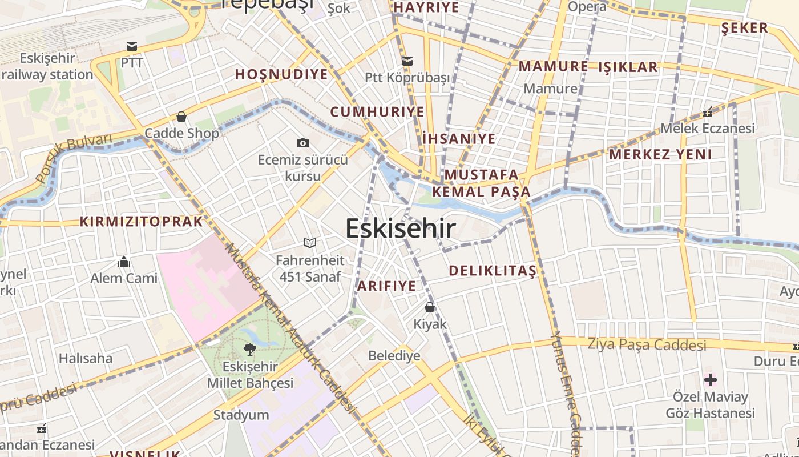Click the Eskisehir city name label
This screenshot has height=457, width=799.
tap(401, 228)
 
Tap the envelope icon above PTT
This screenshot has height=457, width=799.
tap(132, 46)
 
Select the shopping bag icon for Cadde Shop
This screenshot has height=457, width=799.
tap(181, 117)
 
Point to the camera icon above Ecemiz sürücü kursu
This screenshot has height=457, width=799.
tap(303, 143)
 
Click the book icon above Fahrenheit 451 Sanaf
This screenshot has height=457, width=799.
tap(310, 243)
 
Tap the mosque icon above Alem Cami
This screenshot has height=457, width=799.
tap(124, 262)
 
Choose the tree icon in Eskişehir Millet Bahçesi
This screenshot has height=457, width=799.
tap(249, 349)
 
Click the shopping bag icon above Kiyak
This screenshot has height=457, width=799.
tap(430, 307)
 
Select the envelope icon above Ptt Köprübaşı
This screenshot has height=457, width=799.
tap(407, 61)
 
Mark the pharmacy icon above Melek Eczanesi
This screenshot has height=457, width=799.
tap(708, 112)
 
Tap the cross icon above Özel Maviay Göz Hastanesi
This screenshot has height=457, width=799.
tap(711, 379)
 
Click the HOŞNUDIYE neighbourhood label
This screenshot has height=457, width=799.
tap(281, 74)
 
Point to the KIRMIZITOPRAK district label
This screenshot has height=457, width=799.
tap(141, 222)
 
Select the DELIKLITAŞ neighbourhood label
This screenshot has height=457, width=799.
tap(493, 271)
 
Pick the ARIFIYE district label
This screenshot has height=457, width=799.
tap(386, 286)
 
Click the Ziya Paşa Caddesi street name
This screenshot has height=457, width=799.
tap(647, 344)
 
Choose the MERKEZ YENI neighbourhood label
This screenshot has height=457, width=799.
tap(660, 154)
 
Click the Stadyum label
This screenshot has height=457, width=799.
tap(241, 415)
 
